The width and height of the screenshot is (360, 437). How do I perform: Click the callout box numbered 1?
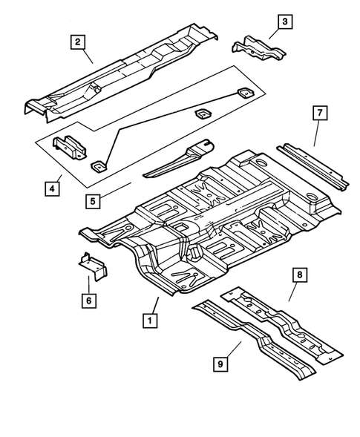(x=150, y=321)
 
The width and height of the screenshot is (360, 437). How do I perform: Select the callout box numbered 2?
(x=78, y=42)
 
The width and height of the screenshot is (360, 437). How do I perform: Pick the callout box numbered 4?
(x=52, y=188)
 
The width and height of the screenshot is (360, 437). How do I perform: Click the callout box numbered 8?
(x=300, y=276)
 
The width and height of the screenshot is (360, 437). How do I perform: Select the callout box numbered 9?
(x=221, y=364)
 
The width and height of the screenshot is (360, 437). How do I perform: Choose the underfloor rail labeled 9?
(x=252, y=341)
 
